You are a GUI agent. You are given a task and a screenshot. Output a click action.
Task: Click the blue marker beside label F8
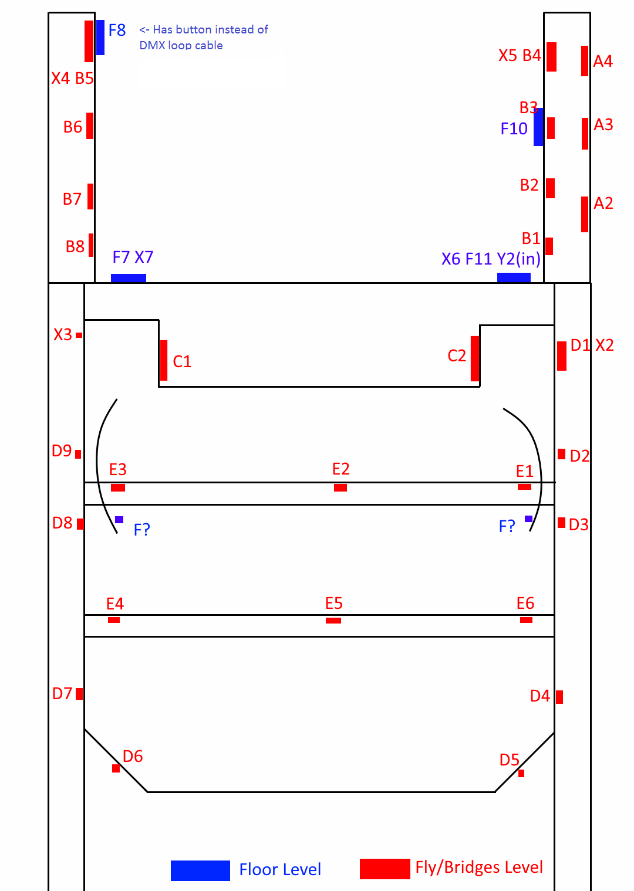[100, 38]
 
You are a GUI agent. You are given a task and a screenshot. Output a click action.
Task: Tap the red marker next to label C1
[164, 360]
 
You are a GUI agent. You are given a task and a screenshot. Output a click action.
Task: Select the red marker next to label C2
[475, 358]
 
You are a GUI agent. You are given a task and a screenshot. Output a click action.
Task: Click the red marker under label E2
[340, 487]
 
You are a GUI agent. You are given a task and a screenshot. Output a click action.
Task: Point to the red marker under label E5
[333, 620]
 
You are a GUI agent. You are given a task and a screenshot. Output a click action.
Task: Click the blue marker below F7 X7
[129, 278]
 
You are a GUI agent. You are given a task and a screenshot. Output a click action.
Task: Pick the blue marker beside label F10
[538, 127]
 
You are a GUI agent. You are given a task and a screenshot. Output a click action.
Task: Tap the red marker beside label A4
[585, 61]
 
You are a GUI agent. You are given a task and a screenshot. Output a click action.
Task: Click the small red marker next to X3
[79, 335]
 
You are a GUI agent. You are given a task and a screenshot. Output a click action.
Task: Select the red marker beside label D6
[116, 768]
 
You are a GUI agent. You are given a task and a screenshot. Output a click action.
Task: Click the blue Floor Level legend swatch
[200, 870]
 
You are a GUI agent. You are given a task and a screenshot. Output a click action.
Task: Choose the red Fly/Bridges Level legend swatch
[385, 869]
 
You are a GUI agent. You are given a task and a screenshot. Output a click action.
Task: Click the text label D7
[62, 694]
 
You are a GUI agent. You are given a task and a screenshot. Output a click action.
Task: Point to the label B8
[75, 246]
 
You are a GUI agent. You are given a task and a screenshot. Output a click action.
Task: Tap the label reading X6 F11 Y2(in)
[491, 259]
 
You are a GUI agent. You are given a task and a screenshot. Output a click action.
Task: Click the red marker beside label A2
[585, 214]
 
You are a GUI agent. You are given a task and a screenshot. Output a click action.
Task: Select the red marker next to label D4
[559, 697]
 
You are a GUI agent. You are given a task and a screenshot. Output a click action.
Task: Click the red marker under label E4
[114, 619]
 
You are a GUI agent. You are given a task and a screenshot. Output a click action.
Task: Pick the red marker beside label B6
[90, 126]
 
